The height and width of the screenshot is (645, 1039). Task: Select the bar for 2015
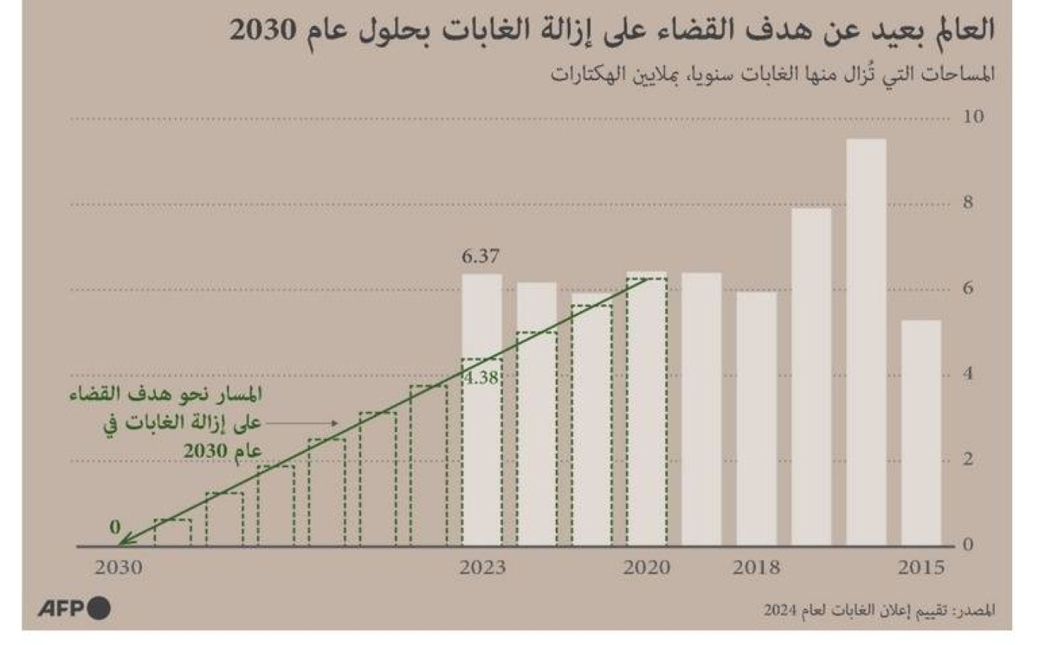tap(920, 433)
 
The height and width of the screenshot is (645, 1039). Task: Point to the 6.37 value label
tap(481, 257)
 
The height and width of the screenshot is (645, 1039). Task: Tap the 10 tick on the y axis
tap(973, 118)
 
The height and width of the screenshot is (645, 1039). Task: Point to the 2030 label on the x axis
tap(117, 569)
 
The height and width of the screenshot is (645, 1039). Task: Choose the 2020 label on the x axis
tap(647, 569)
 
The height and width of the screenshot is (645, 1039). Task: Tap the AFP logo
tap(74, 609)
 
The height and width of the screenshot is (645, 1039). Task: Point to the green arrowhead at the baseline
tap(123, 542)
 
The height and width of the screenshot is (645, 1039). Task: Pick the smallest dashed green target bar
tap(172, 532)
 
